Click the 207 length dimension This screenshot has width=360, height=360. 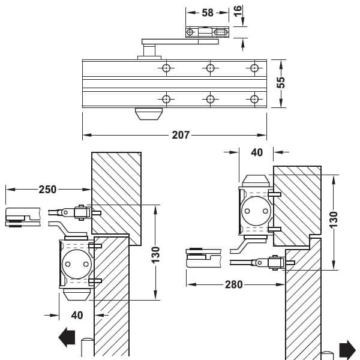tap(181, 135)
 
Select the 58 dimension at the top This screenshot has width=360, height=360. tap(208, 13)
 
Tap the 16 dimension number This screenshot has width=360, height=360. tap(238, 11)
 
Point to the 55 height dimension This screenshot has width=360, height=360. tap(281, 82)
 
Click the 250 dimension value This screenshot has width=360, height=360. tap(47, 190)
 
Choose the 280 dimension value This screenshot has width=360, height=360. tap(234, 284)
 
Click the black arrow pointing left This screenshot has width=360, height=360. tap(67, 337)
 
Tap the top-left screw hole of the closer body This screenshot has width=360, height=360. tap(166, 68)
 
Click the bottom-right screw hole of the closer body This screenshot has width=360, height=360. tap(254, 99)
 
